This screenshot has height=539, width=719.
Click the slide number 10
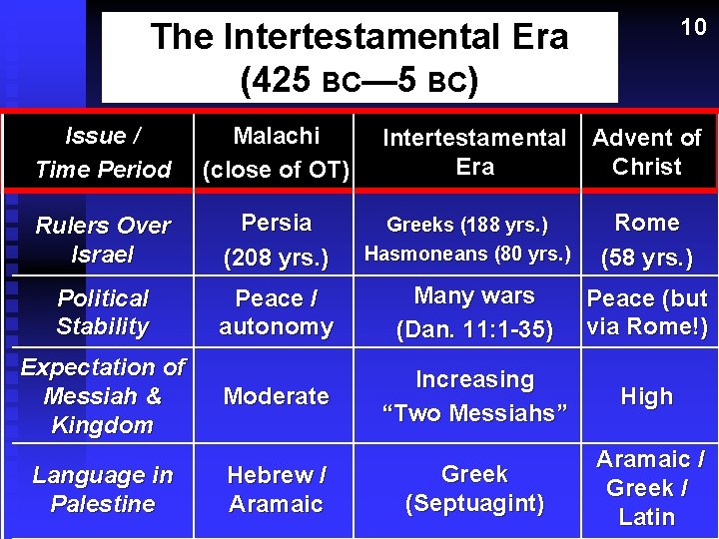tap(693, 27)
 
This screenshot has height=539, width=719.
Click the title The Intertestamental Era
tap(359, 38)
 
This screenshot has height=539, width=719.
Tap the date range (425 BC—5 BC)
tap(359, 79)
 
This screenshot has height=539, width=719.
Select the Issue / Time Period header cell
tap(103, 152)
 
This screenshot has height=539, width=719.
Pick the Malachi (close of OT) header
tap(277, 152)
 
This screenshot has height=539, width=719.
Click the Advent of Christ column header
tap(647, 152)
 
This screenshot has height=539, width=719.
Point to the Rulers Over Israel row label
tap(103, 240)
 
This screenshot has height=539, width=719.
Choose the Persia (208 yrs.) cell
tap(277, 241)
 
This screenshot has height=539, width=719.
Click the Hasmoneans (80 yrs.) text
tap(467, 254)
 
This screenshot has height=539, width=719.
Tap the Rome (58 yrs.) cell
tap(647, 241)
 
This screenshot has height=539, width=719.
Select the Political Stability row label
tap(103, 312)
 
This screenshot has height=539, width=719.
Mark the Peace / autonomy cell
tap(277, 312)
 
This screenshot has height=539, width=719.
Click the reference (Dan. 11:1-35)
tap(474, 328)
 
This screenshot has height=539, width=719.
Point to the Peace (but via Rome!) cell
tap(647, 312)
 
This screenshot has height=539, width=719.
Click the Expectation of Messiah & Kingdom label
tap(103, 396)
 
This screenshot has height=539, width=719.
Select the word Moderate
tap(277, 396)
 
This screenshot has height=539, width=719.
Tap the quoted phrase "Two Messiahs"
tap(474, 413)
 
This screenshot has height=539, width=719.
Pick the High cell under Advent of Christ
tap(647, 396)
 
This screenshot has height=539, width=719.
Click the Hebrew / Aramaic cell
tap(277, 489)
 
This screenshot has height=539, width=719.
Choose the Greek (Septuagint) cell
tap(474, 489)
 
